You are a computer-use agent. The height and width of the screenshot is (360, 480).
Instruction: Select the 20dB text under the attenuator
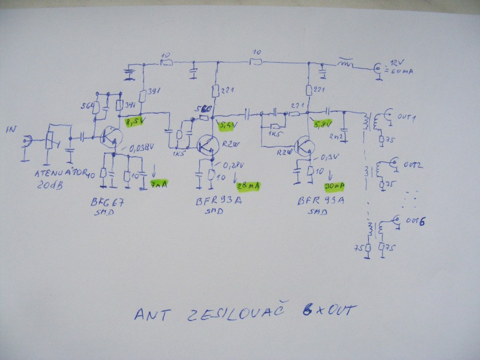(51, 186)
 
